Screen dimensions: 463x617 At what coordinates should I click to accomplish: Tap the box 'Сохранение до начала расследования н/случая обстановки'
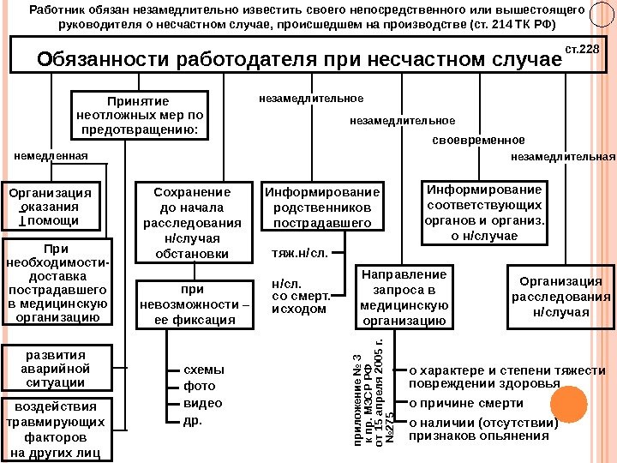pos(191,222)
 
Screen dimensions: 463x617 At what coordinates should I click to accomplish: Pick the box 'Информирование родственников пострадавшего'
pos(322,207)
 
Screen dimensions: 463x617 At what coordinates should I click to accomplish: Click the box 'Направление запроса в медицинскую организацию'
pos(404,298)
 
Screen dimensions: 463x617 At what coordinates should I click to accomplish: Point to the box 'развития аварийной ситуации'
pos(55,368)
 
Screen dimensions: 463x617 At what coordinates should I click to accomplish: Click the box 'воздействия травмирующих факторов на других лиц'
pos(55,429)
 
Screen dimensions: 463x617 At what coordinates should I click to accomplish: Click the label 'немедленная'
pos(51,156)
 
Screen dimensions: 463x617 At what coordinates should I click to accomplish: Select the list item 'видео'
pos(202,403)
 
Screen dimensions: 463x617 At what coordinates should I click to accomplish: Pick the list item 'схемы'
pos(204,370)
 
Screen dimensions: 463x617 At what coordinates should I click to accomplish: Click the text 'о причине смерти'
pos(466,403)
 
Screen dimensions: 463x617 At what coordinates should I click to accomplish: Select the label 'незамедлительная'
pos(563,157)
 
